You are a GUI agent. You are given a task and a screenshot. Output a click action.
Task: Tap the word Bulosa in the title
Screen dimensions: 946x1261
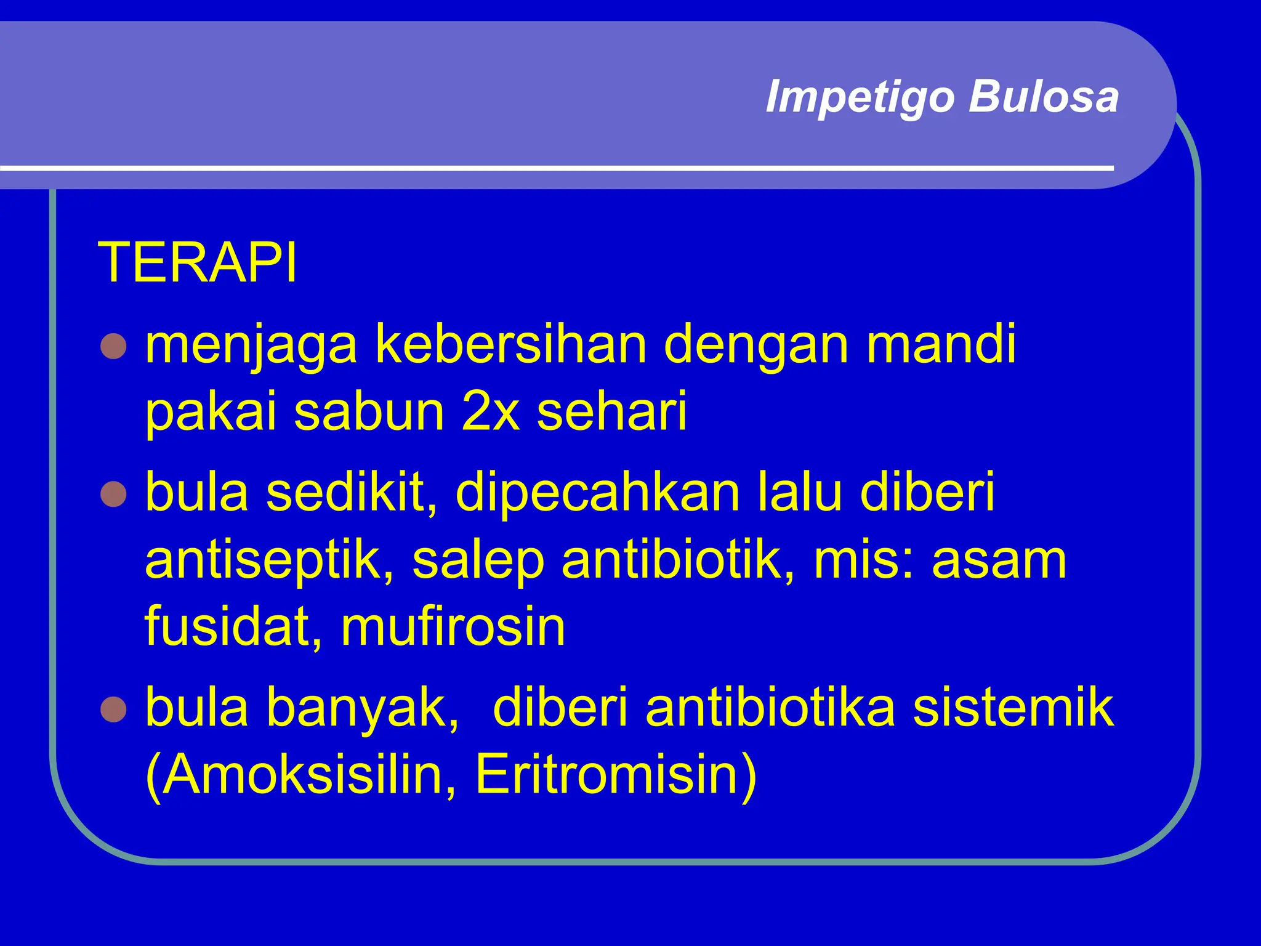pyautogui.click(x=1044, y=97)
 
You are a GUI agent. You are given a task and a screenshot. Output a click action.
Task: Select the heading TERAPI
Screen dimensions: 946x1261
pyautogui.click(x=197, y=263)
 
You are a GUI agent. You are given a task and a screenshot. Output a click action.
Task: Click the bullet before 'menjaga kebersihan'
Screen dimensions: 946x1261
pyautogui.click(x=113, y=347)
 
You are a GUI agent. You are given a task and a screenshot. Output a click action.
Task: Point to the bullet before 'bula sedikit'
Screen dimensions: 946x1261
pyautogui.click(x=113, y=494)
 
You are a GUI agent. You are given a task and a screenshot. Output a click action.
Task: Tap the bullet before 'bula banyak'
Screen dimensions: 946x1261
pyautogui.click(x=113, y=709)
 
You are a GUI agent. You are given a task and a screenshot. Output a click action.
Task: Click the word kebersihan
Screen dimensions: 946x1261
pyautogui.click(x=511, y=345)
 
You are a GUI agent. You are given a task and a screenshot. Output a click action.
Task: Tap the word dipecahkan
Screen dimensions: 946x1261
pyautogui.click(x=597, y=492)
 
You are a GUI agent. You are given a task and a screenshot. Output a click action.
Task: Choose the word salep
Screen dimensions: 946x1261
pyautogui.click(x=478, y=560)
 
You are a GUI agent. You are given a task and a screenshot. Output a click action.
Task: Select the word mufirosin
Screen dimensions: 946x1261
pyautogui.click(x=453, y=626)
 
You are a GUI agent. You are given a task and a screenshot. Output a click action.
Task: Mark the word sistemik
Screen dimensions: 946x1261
pyautogui.click(x=1013, y=708)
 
